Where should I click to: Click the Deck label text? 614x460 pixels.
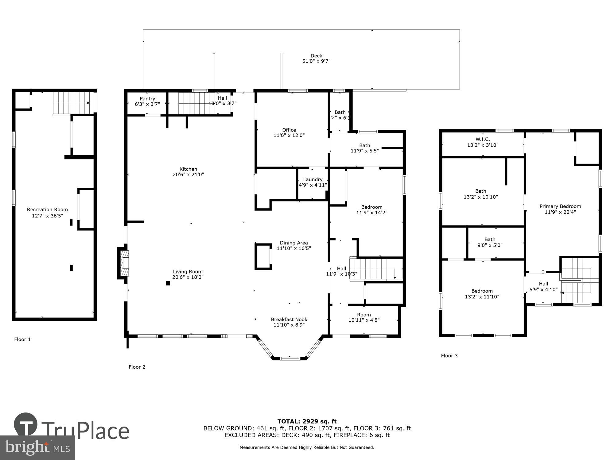316,56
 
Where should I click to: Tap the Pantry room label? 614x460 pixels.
147,99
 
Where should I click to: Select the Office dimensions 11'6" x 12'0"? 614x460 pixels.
289,135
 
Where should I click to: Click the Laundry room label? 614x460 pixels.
313,180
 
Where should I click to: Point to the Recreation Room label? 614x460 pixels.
47,210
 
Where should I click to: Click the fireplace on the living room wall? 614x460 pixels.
124,263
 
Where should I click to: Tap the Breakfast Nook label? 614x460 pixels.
289,320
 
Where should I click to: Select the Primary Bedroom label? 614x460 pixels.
560,206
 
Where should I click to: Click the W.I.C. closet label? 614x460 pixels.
483,140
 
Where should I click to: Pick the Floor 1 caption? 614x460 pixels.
22,339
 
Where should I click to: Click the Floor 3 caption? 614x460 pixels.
449,356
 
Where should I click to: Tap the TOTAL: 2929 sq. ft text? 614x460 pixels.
307,421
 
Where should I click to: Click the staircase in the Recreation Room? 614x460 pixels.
71,102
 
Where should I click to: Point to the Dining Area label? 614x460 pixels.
293,243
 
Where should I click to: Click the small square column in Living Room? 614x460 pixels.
168,283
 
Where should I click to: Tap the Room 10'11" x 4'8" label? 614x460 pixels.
364,317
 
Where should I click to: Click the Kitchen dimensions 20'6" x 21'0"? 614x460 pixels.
188,174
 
